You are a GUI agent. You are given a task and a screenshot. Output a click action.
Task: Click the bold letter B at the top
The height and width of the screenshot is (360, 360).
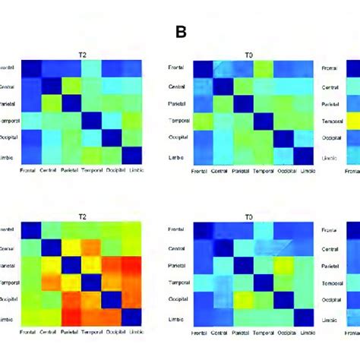tap(181, 32)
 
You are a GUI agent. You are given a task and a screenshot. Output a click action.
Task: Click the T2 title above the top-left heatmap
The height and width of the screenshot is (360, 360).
tap(81, 53)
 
